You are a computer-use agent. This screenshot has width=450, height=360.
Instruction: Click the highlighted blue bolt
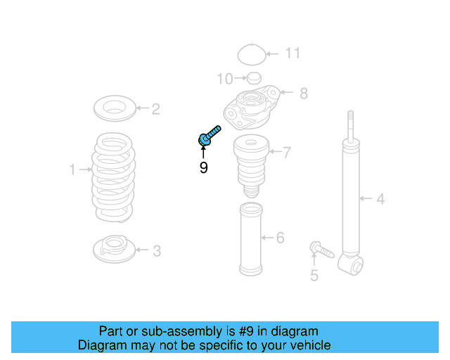[x=210, y=135]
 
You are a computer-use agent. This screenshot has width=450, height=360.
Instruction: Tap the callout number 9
[x=203, y=168]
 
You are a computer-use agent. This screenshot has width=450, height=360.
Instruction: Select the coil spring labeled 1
[x=114, y=176]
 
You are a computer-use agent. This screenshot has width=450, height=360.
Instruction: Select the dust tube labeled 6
[x=251, y=239]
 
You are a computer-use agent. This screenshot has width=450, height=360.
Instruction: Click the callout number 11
[x=292, y=53]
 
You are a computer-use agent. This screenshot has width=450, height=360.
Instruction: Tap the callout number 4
[x=380, y=199]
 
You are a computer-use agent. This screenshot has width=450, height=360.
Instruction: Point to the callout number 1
[x=72, y=169]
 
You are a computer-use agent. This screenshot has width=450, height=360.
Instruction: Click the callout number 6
[x=280, y=238]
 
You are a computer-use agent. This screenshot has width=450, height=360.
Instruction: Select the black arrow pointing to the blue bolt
[x=203, y=153]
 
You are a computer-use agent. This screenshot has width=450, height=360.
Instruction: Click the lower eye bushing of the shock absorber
[x=352, y=265]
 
